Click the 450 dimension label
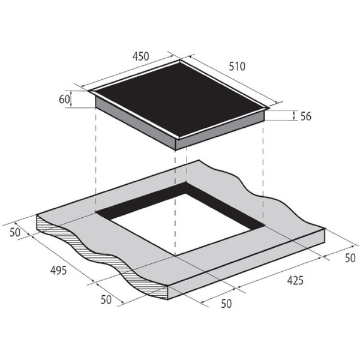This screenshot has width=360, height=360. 141,56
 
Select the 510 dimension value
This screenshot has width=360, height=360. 237,67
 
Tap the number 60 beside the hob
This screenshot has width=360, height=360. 64,100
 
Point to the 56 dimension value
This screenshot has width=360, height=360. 306,116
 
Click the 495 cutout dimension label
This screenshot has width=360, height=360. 59,270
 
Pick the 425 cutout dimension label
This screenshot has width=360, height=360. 295,280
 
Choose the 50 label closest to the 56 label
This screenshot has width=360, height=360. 350,258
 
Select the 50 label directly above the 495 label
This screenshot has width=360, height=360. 15,232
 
